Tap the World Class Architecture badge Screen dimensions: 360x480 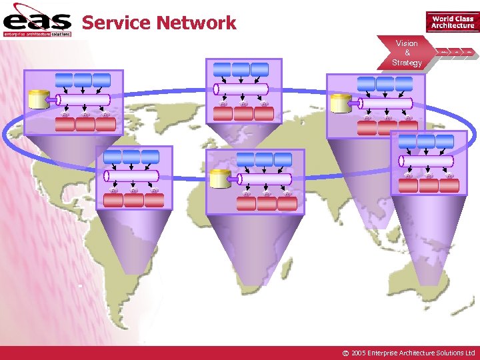pyautogui.click(x=453, y=22)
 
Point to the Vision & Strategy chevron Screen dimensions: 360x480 pyautogui.click(x=407, y=53)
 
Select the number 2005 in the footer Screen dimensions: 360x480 pyautogui.click(x=358, y=353)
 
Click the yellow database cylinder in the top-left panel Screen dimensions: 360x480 pyautogui.click(x=37, y=99)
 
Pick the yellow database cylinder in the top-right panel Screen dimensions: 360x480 pyautogui.click(x=340, y=103)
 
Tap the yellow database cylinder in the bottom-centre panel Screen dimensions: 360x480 pyautogui.click(x=219, y=179)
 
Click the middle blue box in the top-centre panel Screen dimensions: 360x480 pyautogui.click(x=241, y=69)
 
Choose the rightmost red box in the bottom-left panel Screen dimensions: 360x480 pyautogui.click(x=153, y=200)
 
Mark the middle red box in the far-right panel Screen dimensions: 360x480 pyautogui.click(x=430, y=185)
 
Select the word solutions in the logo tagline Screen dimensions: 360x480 pyautogui.click(x=61, y=33)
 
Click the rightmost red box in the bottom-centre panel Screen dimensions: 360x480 pyautogui.click(x=287, y=203)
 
